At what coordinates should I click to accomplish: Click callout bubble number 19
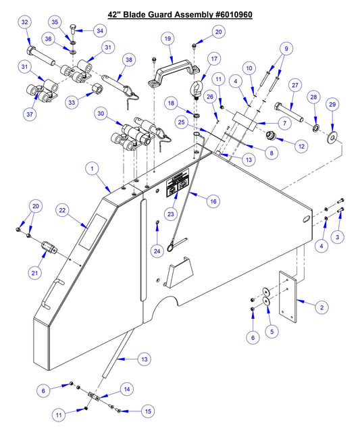[167, 39]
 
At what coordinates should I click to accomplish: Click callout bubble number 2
[322, 307]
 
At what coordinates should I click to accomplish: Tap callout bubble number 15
[145, 411]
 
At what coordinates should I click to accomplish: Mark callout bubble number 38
[128, 59]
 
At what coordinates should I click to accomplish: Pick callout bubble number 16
[213, 201]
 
